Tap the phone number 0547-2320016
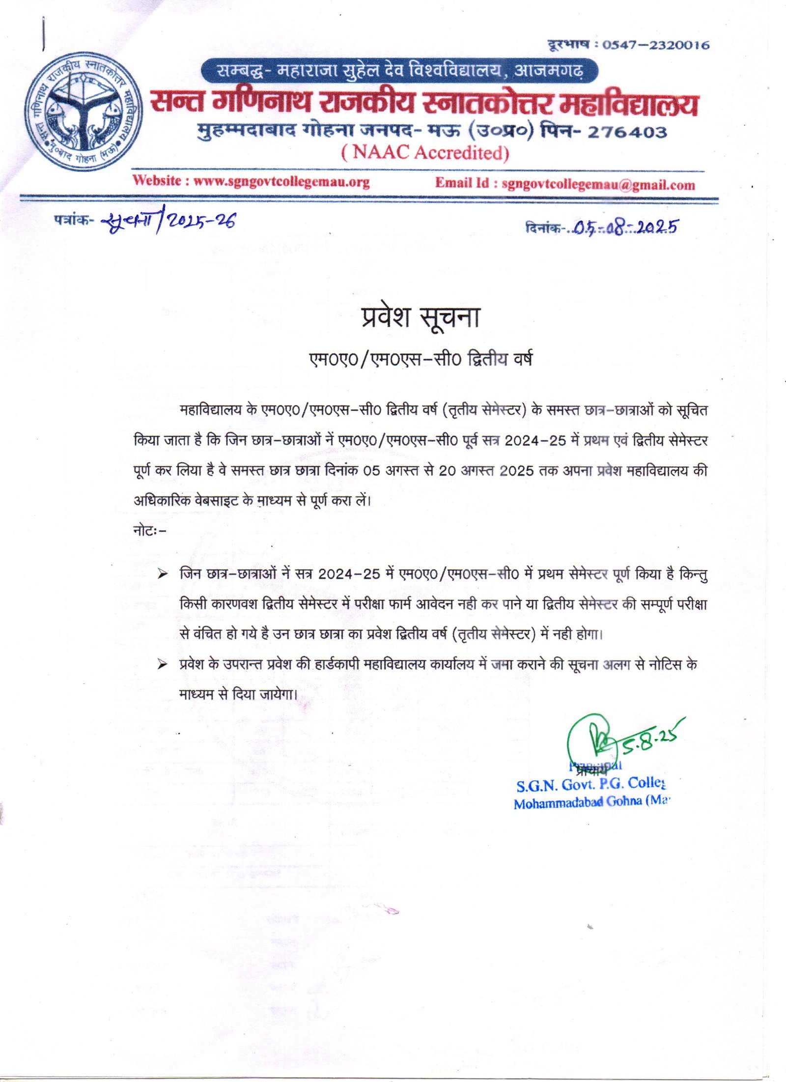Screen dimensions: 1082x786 (656, 45)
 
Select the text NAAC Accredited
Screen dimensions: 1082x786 (425, 153)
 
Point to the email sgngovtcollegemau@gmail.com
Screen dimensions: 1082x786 (598, 185)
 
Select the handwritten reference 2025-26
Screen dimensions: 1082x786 (201, 222)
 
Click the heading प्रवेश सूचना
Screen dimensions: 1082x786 (420, 317)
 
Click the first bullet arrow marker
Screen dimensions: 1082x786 (163, 574)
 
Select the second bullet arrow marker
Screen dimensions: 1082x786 (163, 665)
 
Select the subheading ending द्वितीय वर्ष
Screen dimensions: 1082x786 (420, 360)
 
